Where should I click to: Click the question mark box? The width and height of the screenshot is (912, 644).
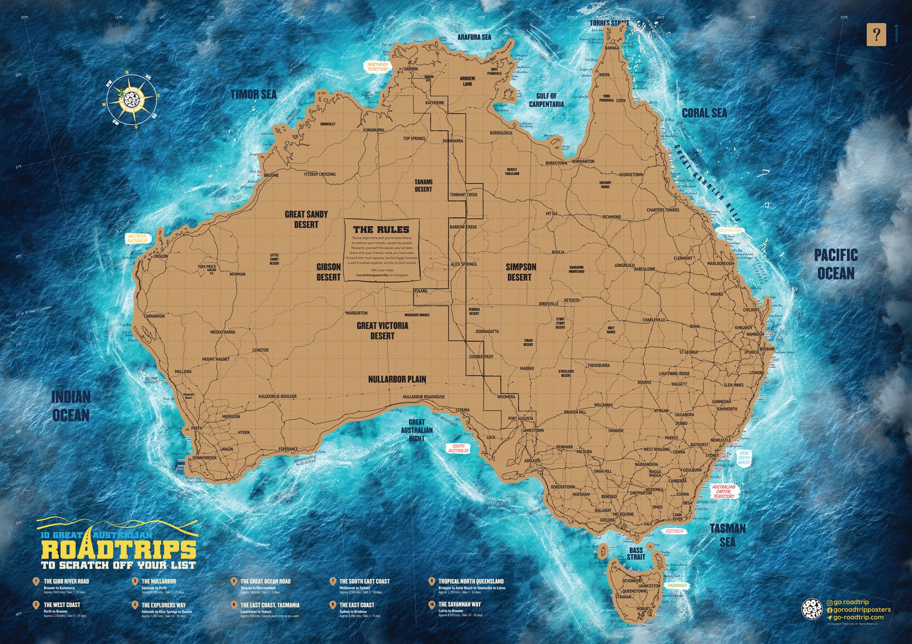[876, 35]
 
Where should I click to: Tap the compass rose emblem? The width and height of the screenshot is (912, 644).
[132, 99]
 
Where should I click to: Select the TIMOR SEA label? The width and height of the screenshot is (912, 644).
[254, 95]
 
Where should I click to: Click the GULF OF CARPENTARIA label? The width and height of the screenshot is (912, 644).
[546, 100]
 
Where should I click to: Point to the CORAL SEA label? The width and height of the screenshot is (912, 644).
[704, 113]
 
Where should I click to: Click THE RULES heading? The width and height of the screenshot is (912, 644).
[381, 230]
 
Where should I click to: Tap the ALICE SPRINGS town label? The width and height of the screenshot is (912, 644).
[463, 264]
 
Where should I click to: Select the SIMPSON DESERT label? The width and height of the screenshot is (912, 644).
[520, 272]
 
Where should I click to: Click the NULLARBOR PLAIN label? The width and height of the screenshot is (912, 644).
[397, 379]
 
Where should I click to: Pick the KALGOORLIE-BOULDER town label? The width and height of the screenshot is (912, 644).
[277, 397]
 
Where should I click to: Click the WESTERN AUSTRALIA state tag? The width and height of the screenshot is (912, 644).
[137, 238]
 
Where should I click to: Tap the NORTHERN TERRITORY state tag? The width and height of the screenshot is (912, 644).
[378, 67]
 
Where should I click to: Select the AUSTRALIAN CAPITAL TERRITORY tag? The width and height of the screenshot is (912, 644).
[724, 491]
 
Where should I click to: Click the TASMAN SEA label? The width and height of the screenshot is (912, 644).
[727, 535]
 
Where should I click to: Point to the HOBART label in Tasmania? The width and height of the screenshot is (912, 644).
[643, 608]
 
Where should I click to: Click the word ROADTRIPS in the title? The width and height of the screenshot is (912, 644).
[119, 550]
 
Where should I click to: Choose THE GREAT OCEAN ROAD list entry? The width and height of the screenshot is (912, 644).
[265, 582]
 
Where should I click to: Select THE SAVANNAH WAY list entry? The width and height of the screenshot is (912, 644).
[459, 604]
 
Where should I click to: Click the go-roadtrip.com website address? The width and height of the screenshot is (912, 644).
[858, 617]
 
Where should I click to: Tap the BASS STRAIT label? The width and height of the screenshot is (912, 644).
[636, 553]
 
